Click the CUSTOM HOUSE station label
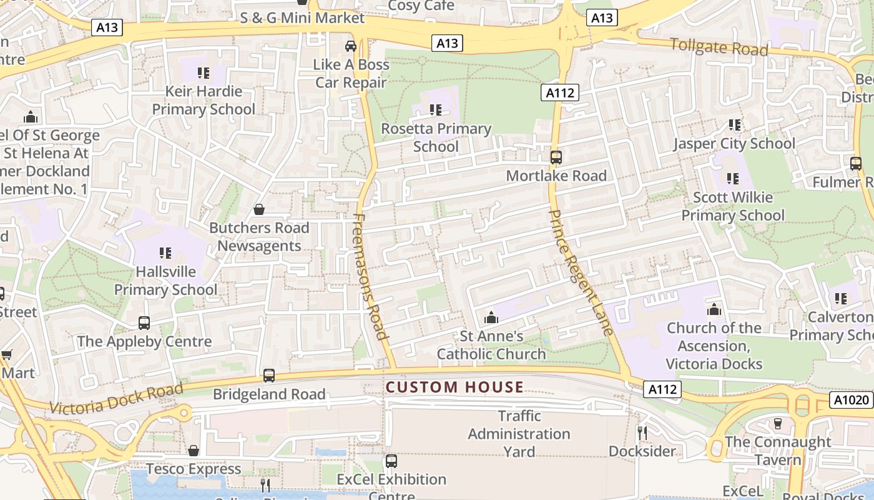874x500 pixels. [x=454, y=387]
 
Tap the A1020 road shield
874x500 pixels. [x=851, y=400]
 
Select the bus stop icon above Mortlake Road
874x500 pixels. [x=556, y=157]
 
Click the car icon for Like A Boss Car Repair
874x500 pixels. [x=351, y=46]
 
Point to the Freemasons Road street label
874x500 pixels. [x=371, y=276]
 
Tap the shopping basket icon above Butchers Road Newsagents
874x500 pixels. [x=259, y=209]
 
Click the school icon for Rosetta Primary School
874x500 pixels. [x=436, y=110]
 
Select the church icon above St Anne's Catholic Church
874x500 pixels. [x=491, y=317]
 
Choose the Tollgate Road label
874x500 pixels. [x=719, y=47]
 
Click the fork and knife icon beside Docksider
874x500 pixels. [x=642, y=432]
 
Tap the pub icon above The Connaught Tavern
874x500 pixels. [x=777, y=424]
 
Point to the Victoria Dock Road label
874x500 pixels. [x=116, y=399]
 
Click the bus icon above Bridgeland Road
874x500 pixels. [x=268, y=376]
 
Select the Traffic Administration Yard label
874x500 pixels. [x=519, y=434]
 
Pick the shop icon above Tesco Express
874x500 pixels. [x=194, y=451]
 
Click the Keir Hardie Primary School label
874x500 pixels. [x=204, y=100]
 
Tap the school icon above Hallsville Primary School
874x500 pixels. [x=165, y=253]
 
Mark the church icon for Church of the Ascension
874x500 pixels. [x=714, y=309]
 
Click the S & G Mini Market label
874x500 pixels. [x=302, y=18]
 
